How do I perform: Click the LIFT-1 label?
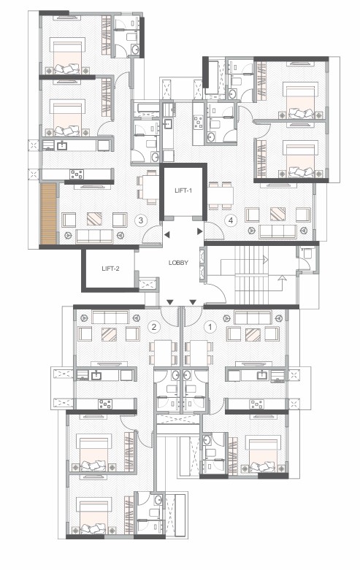(183, 190)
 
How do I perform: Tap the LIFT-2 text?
(110, 269)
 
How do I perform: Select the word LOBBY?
(178, 263)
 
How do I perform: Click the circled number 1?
(210, 327)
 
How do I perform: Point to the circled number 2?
(154, 327)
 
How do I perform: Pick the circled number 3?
(140, 220)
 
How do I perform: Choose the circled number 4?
(230, 220)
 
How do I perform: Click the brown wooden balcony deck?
(49, 213)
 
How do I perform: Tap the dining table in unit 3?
(150, 187)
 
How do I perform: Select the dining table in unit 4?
(221, 196)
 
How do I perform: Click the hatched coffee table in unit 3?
(94, 218)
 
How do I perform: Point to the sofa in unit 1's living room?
(253, 317)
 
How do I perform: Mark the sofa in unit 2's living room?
(110, 317)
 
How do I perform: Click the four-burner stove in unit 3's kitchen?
(77, 174)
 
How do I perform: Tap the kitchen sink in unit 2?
(96, 375)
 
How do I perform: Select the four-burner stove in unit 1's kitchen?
(256, 404)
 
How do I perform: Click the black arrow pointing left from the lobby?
(166, 235)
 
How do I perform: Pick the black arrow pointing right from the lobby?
(199, 231)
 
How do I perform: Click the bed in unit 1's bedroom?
(265, 453)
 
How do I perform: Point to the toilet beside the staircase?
(308, 253)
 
